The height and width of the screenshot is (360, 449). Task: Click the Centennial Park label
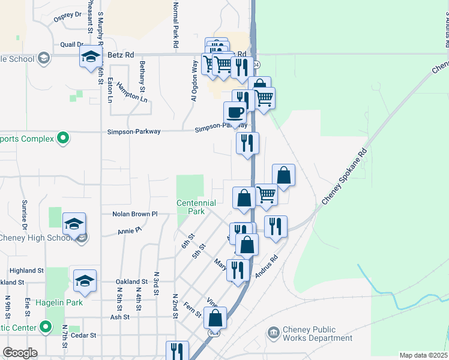pyautogui.click(x=191, y=207)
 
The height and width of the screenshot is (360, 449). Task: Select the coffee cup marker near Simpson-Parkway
pyautogui.click(x=235, y=113)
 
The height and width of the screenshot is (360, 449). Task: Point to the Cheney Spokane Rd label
pyautogui.click(x=343, y=175)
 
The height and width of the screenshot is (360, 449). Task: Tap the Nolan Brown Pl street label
pyautogui.click(x=135, y=214)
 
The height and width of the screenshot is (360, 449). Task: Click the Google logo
pyautogui.click(x=20, y=353)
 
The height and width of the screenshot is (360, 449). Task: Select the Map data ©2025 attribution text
pyautogui.click(x=423, y=355)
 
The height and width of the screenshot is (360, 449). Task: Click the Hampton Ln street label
pyautogui.click(x=132, y=92)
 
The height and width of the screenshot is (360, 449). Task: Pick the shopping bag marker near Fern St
pyautogui.click(x=215, y=318)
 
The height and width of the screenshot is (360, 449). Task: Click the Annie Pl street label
pyautogui.click(x=129, y=230)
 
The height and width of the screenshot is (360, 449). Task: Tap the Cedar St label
pyautogui.click(x=83, y=335)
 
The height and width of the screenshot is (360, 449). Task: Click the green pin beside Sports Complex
pyautogui.click(x=63, y=139)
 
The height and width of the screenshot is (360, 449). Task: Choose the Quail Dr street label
pyautogui.click(x=71, y=44)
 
